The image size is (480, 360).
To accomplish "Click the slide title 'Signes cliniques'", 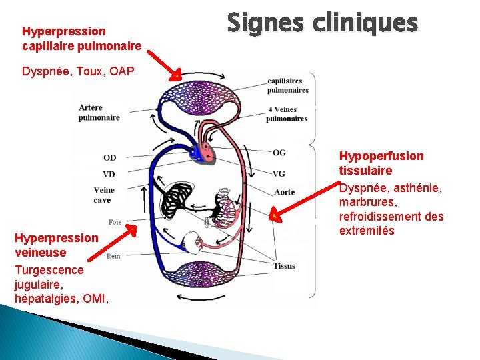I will pos(322,24).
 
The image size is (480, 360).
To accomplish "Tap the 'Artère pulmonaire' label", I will pos(99,112).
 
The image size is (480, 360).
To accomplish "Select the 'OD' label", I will pos(109,158).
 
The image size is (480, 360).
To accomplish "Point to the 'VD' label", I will pos(109,174).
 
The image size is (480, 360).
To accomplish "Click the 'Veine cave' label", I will pos(103,195).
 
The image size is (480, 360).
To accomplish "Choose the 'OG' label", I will pos(279,153).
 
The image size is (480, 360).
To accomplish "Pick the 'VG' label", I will pos(279,174).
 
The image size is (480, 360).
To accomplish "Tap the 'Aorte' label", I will pos(284,193).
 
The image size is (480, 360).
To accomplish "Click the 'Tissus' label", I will pos(284,266).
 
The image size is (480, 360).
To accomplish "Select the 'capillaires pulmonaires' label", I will pos(288,85).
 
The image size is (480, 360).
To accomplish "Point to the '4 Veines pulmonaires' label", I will pos(287,114).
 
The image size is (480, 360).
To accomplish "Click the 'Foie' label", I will pos(115,222).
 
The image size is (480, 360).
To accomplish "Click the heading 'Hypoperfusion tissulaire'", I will pos(381,163).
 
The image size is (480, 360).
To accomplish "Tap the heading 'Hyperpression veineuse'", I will pos(56,245).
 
